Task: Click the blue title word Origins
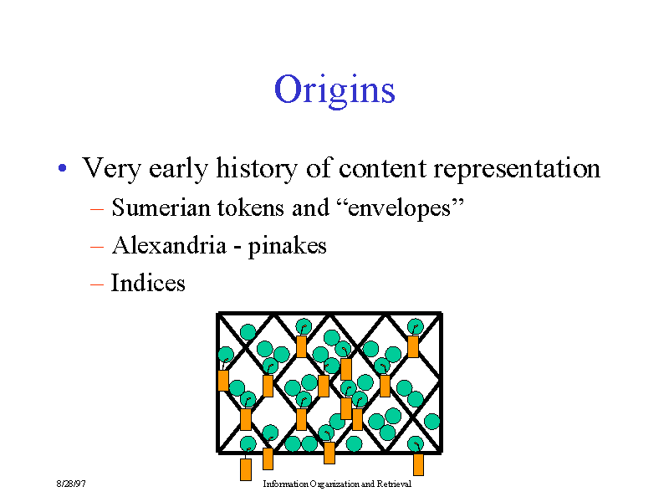click(x=335, y=90)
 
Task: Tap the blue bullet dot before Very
click(x=62, y=168)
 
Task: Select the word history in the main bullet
click(x=257, y=168)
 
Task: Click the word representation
click(x=517, y=169)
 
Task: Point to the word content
click(x=383, y=168)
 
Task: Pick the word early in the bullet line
click(x=178, y=169)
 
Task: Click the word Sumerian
click(x=161, y=207)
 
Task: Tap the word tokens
click(x=251, y=207)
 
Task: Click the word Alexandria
click(x=169, y=245)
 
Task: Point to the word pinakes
click(x=287, y=246)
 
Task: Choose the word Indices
click(x=148, y=283)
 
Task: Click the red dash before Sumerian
click(x=97, y=209)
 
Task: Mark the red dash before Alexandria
click(x=97, y=247)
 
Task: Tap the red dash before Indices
click(x=97, y=284)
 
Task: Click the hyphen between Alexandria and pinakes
click(x=237, y=248)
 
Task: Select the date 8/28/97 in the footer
click(x=71, y=484)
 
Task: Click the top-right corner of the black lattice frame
click(x=442, y=313)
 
